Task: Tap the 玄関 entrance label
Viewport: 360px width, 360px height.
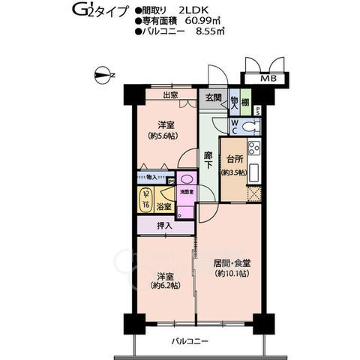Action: coord(213,97)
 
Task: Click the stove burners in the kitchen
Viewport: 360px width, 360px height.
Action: coord(253,146)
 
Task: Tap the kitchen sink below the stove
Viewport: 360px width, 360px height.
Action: coord(253,175)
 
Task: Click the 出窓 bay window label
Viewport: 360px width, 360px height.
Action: coord(169,94)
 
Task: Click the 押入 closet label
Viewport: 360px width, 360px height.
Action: coord(164,225)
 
